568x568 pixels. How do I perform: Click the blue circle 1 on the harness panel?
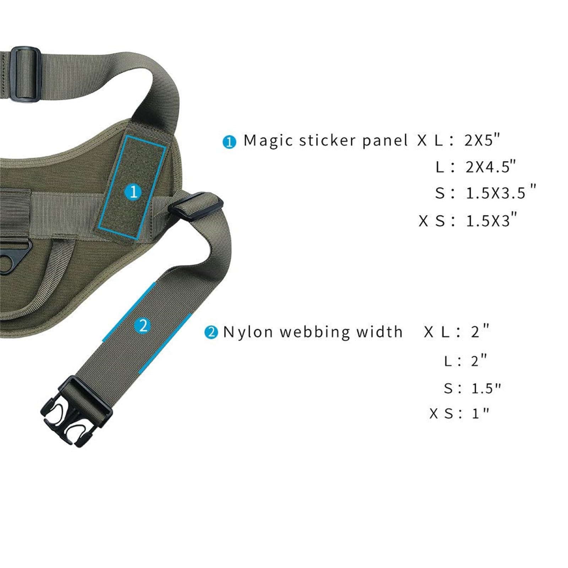point(133,192)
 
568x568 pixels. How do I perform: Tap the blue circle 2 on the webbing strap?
point(143,325)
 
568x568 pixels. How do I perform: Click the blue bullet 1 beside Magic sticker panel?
point(229,142)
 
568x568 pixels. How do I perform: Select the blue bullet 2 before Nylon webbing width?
point(211,333)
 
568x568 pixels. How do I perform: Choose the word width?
point(379,332)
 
